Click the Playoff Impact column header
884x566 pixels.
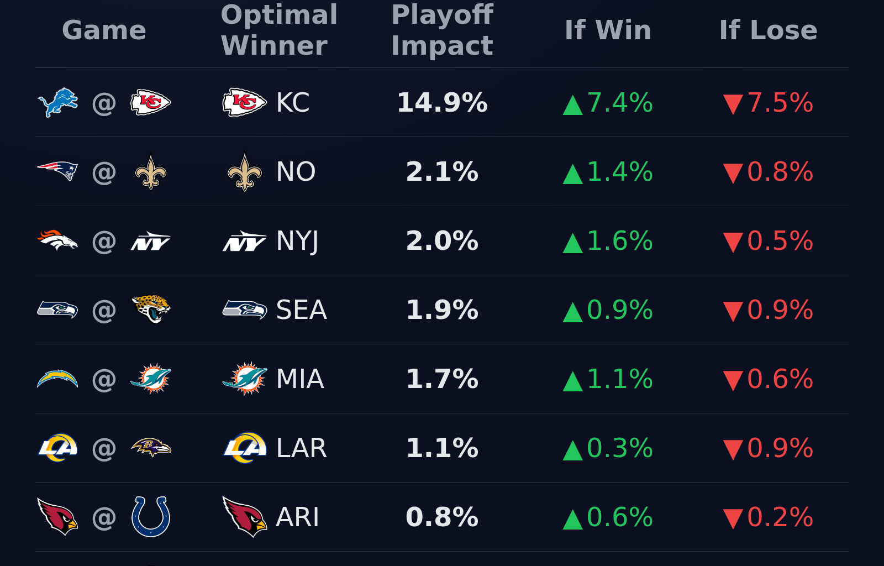coord(442,30)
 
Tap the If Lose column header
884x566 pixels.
coord(768,30)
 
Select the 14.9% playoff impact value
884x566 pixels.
coord(442,103)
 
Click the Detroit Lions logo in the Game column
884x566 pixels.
coord(57,103)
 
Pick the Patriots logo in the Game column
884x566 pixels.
coord(57,171)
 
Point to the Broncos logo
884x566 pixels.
coord(57,240)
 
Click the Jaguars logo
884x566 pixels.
coord(151,309)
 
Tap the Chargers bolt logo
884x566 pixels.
coord(57,379)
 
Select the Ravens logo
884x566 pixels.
coord(151,447)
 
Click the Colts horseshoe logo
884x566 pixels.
coord(151,517)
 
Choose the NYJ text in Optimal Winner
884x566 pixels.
coord(297,241)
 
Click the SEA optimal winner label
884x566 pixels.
coord(301,310)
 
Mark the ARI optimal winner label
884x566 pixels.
coord(297,517)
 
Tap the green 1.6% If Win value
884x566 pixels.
coord(619,241)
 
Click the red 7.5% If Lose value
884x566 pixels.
coord(779,103)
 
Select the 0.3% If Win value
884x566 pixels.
coord(619,448)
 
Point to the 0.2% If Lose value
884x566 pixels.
coord(779,517)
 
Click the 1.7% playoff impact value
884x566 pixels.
coord(442,379)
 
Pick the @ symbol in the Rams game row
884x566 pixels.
coord(104,448)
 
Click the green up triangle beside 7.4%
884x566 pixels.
coord(573,106)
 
